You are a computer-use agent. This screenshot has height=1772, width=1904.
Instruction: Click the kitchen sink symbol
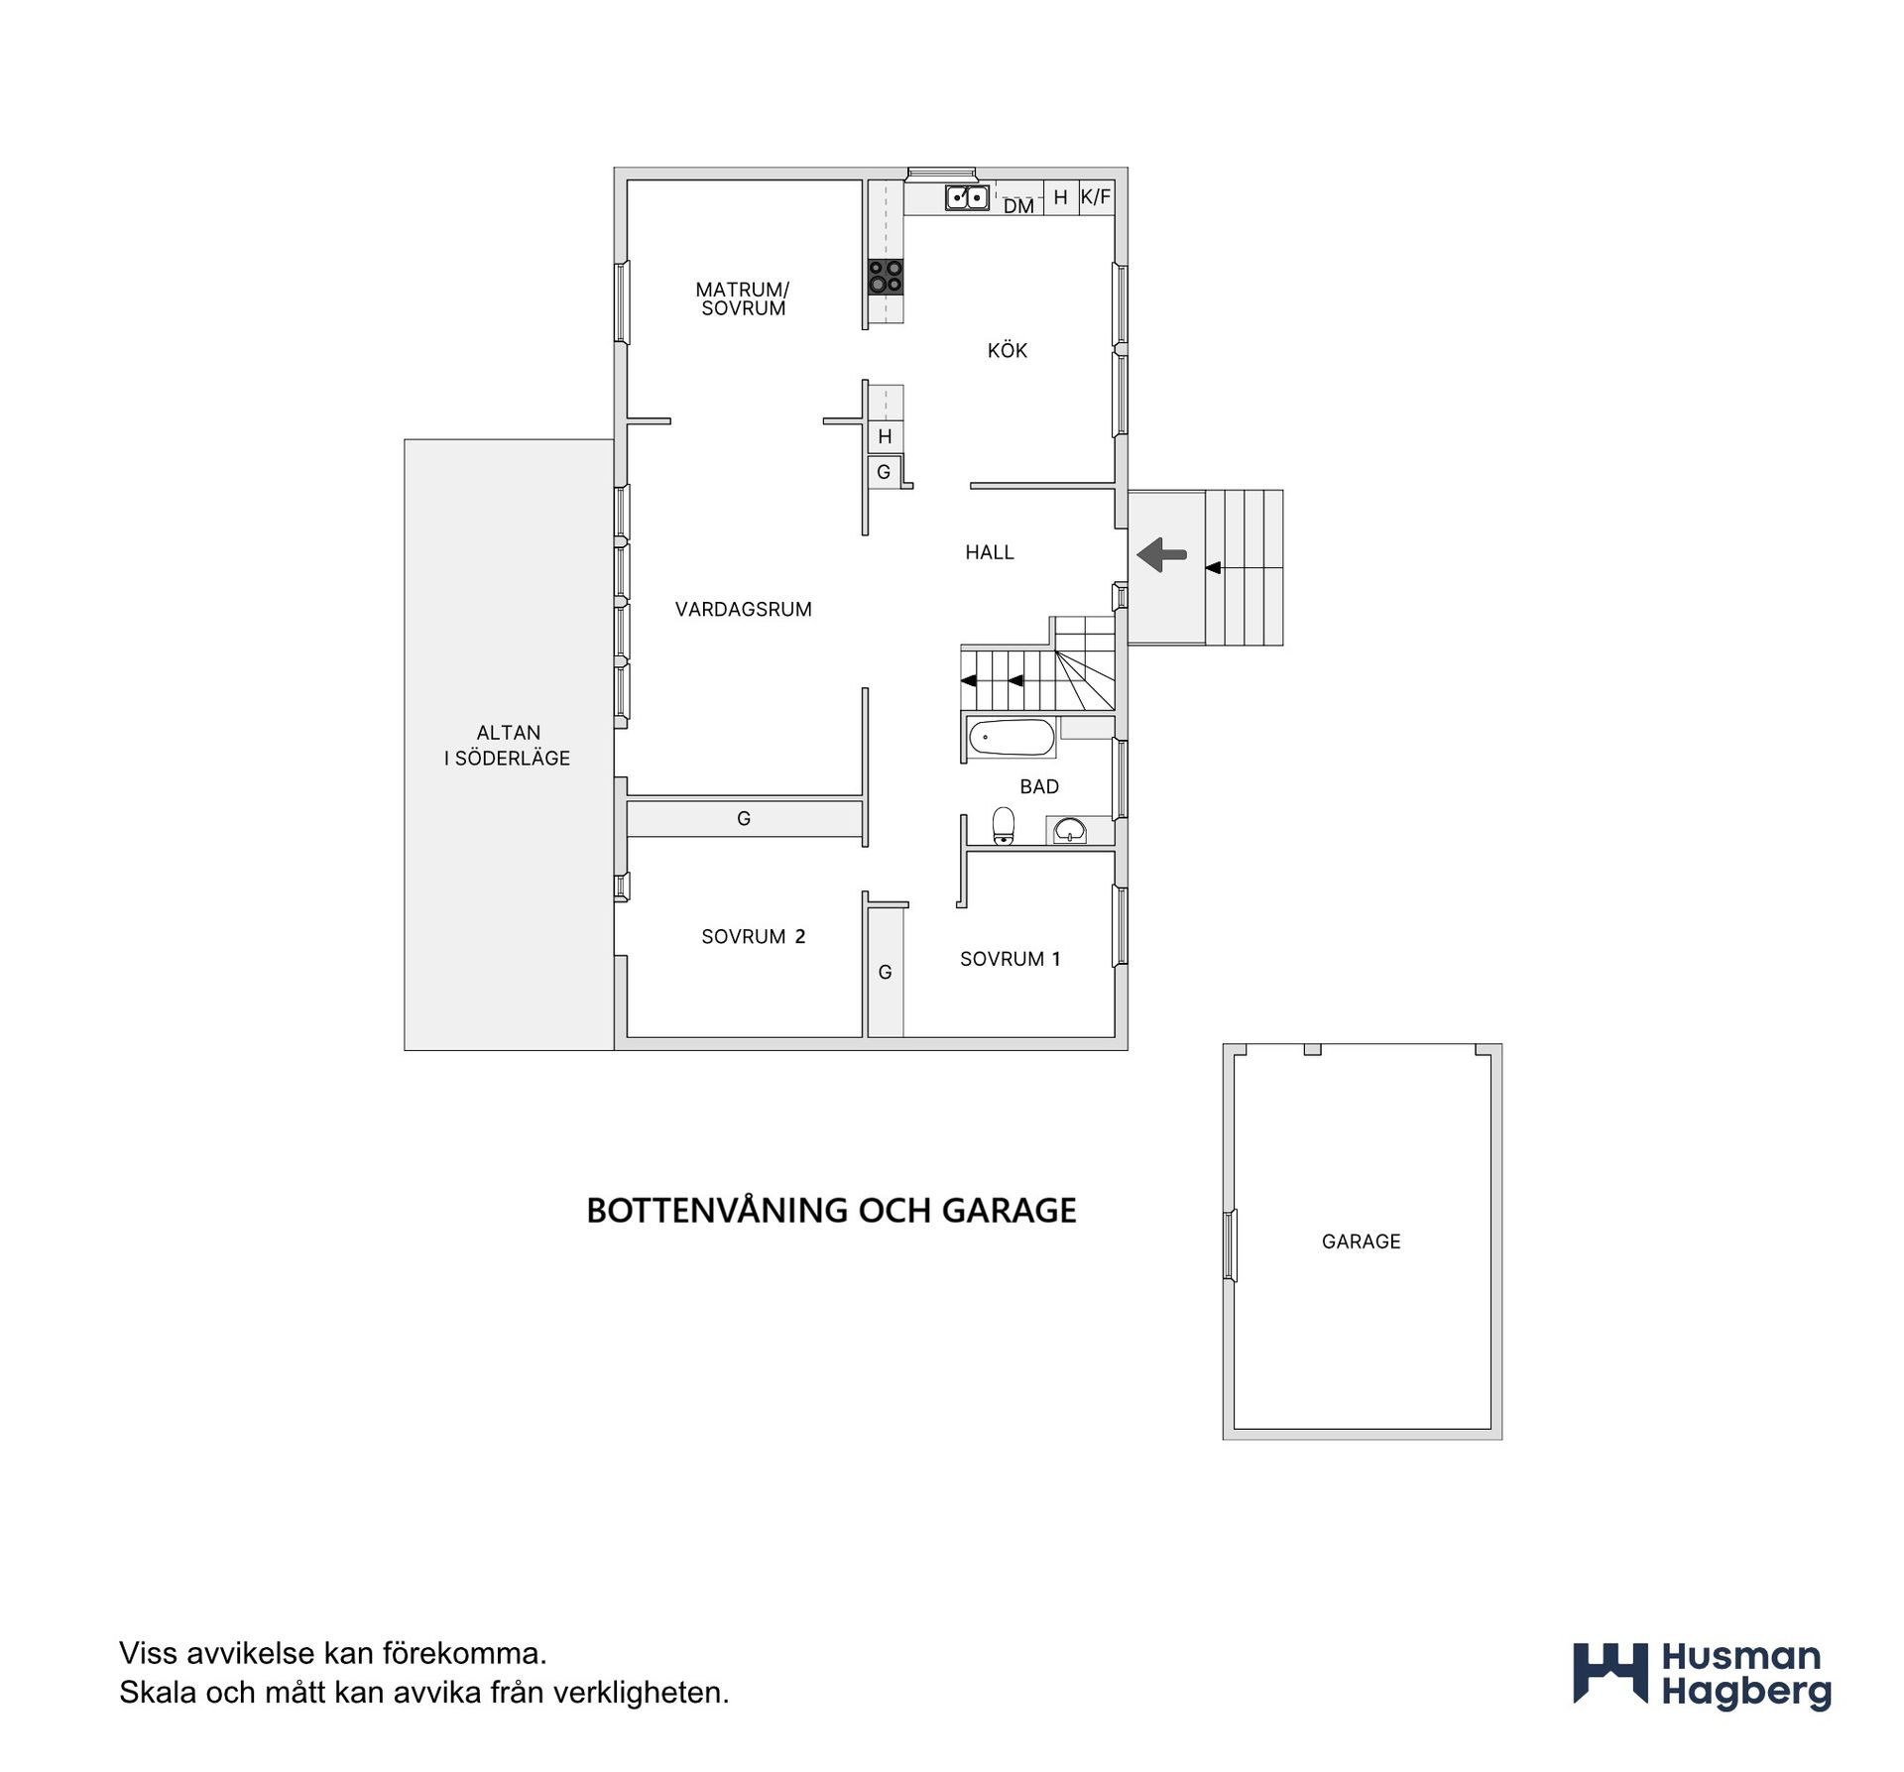pos(967,197)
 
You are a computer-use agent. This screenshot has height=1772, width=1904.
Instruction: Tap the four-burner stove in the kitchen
pos(886,277)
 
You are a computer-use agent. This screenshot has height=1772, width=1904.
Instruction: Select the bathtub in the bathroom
pos(1011,738)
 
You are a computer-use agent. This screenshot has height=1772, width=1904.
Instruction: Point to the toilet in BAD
pos(1005,826)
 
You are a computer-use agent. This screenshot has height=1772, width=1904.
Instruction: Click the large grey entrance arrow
pos(1161,554)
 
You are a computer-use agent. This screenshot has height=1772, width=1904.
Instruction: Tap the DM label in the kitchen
pos(1018,206)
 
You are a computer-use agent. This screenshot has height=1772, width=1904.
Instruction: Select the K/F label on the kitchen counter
pos(1096,196)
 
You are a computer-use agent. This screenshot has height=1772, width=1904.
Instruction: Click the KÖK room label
pos(1008,350)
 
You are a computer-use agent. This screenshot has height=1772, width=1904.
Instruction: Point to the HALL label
pos(990,552)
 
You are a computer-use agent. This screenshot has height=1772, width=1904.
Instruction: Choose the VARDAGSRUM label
pos(744,610)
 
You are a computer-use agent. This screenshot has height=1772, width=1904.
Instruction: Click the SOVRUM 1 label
pos(1011,959)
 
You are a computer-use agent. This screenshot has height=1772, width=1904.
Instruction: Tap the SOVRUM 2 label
pos(754,937)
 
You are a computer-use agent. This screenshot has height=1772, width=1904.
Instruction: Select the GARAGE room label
pos(1362,1241)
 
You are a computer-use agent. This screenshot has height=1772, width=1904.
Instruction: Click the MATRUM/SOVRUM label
pos(743,298)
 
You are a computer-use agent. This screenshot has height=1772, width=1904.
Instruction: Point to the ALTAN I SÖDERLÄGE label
pos(508,746)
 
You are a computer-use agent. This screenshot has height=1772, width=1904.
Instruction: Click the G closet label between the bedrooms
pos(886,973)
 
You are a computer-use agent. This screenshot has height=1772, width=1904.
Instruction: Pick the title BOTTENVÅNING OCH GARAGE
pos(831,1211)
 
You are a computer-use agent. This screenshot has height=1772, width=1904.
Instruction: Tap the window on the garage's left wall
pos(1230,1245)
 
